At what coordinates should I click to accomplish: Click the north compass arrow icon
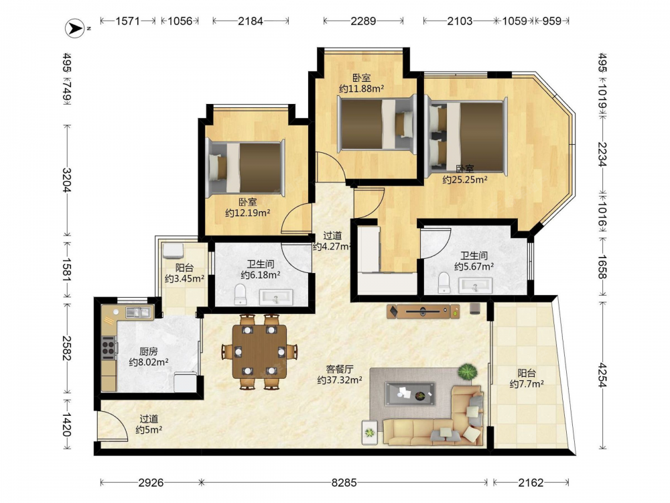point(75,29)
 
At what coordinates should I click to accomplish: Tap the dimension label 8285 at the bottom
point(344,483)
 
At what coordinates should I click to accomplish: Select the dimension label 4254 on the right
point(602,375)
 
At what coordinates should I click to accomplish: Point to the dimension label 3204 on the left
point(66,180)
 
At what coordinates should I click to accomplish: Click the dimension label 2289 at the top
point(363,21)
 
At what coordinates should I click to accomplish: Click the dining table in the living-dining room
point(260,351)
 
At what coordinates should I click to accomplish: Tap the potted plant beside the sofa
point(468,372)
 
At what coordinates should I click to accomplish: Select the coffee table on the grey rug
point(410,394)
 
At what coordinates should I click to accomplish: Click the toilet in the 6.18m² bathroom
point(241,294)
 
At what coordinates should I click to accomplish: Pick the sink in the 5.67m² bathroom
point(475,285)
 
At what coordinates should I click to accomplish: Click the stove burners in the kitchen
point(109,347)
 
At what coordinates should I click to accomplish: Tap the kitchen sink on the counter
point(137,313)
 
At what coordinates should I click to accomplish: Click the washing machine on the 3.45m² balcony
point(173,251)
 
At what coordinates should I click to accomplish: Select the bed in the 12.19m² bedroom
point(245,168)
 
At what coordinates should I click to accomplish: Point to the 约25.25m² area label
point(465,180)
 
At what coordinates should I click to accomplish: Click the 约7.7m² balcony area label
point(527,384)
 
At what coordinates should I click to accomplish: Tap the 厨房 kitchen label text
point(148,351)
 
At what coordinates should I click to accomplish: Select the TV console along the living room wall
point(423,311)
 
